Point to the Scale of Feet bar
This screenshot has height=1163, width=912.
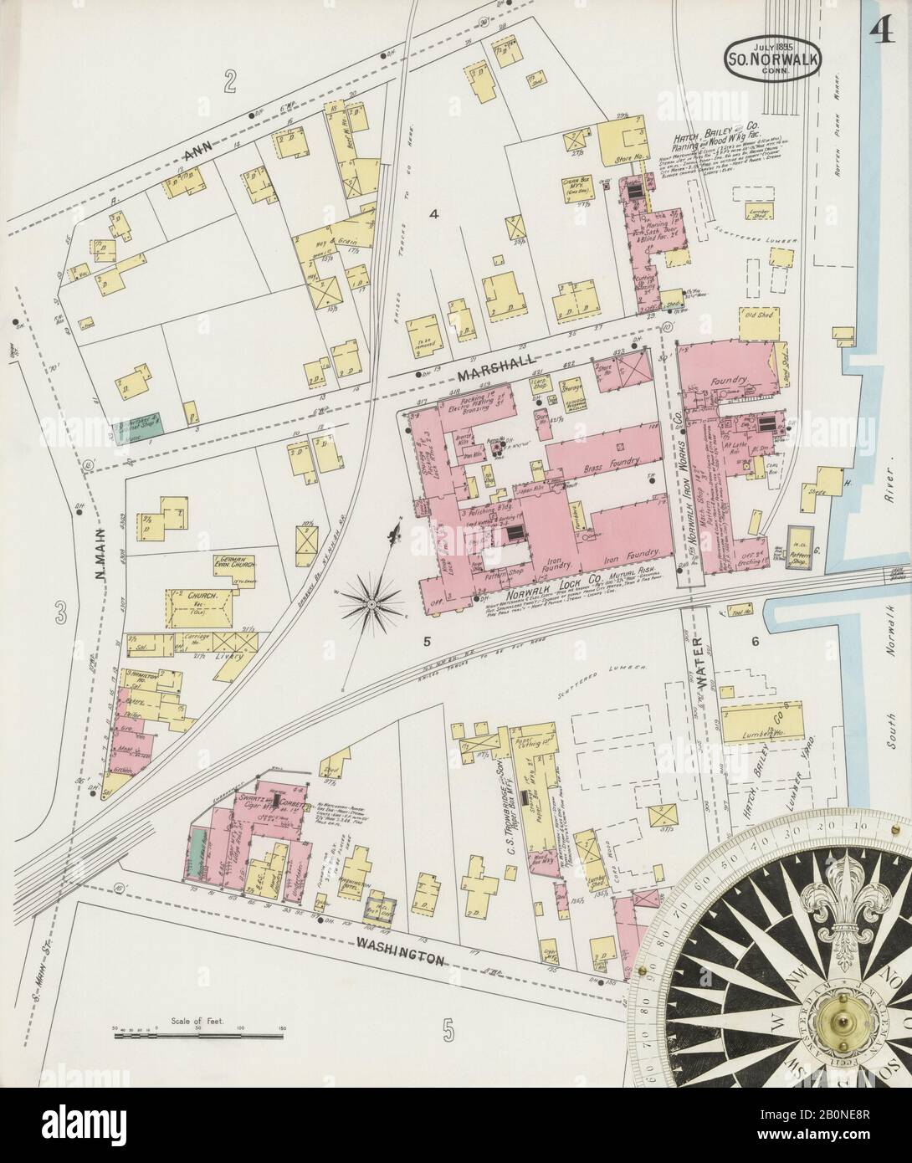(x=201, y=1035)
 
